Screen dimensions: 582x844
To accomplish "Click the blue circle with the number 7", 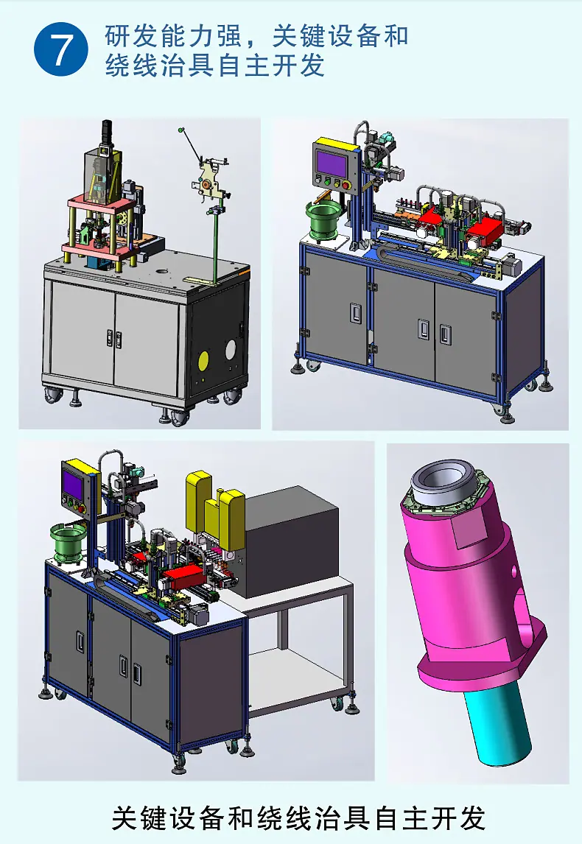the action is coord(61,49).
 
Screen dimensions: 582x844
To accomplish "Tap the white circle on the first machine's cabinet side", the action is coord(231,350).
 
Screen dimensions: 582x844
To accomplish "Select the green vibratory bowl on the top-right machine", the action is coord(321,222).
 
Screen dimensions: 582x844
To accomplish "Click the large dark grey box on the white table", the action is coord(290,542).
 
